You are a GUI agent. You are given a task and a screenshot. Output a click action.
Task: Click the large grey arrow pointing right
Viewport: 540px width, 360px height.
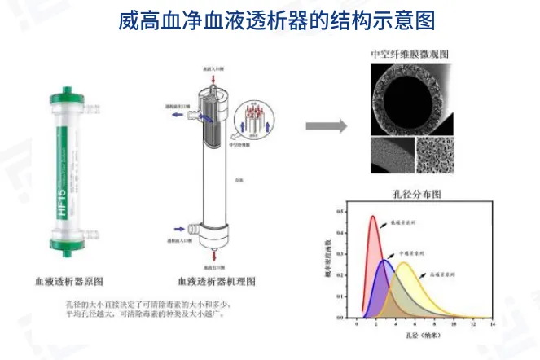pyautogui.click(x=326, y=126)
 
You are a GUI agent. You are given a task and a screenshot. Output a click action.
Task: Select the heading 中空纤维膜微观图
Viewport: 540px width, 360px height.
pyautogui.click(x=410, y=54)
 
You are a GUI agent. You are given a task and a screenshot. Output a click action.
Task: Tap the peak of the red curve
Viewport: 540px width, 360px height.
pyautogui.click(x=373, y=217)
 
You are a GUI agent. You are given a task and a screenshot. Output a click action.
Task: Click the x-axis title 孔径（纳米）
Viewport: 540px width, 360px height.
pyautogui.click(x=424, y=336)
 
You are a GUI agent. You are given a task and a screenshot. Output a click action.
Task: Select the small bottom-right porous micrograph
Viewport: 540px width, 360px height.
pyautogui.click(x=432, y=154)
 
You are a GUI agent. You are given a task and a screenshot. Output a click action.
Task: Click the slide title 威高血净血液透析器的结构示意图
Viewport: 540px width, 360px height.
pyautogui.click(x=269, y=19)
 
